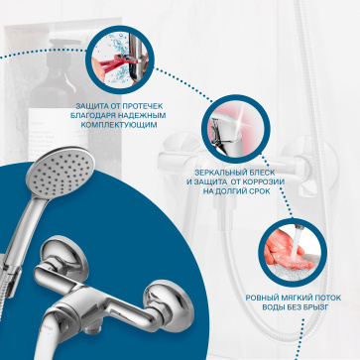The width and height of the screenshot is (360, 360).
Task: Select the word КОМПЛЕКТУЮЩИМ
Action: (119, 125)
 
